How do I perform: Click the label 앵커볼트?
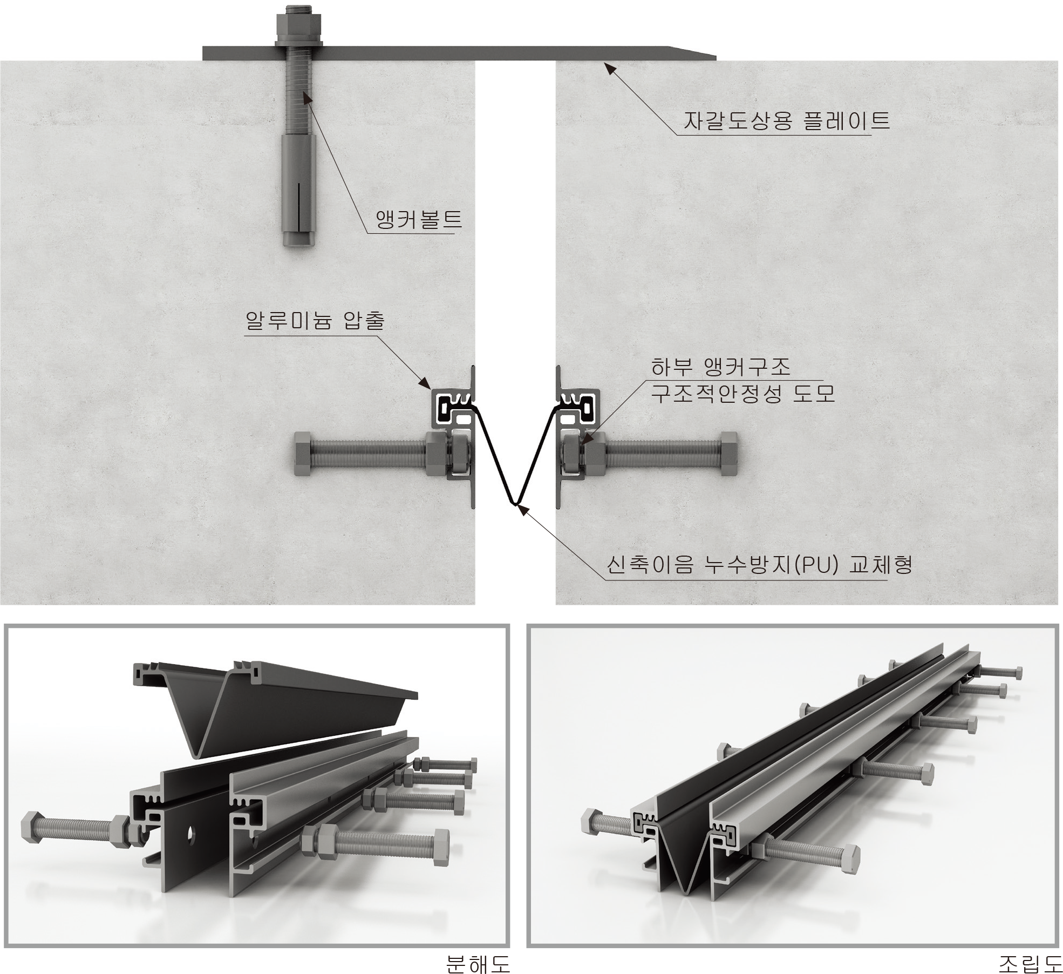(x=419, y=220)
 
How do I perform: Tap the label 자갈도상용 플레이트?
(x=786, y=120)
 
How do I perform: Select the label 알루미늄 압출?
(x=315, y=321)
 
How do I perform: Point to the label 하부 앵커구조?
(x=720, y=367)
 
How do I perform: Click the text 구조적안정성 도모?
(x=742, y=394)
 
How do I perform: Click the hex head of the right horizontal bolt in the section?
(x=729, y=453)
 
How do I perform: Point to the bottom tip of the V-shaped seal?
(x=515, y=504)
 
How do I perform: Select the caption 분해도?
(x=478, y=963)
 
